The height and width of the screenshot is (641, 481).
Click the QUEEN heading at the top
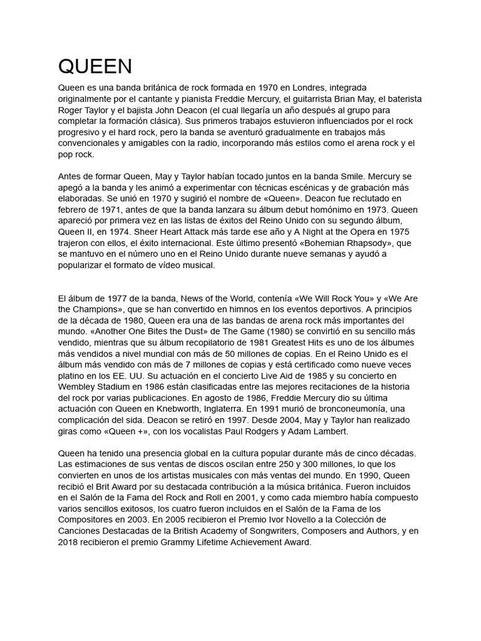(x=95, y=66)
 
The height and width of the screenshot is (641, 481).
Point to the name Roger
(x=71, y=110)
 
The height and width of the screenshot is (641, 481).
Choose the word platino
(x=73, y=376)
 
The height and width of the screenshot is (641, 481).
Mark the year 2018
(x=68, y=542)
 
